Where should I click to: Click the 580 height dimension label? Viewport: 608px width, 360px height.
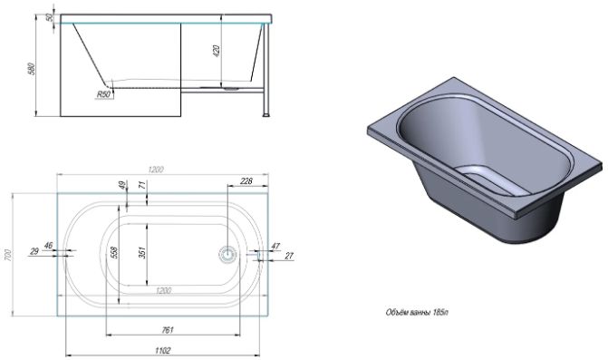(x=33, y=69)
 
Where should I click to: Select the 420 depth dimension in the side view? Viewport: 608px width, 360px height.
(x=217, y=51)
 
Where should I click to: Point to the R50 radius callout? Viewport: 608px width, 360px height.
(x=103, y=94)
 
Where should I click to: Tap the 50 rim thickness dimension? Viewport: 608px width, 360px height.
(x=49, y=17)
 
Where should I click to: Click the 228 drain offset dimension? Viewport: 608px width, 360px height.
(x=246, y=180)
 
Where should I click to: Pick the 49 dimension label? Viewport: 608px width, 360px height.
(x=123, y=185)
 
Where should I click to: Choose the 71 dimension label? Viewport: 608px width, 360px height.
(x=143, y=185)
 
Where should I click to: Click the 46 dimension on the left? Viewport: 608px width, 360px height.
(x=48, y=245)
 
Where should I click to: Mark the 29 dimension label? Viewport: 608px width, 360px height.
(x=34, y=251)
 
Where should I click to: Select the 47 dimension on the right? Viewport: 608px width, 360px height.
(x=275, y=246)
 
